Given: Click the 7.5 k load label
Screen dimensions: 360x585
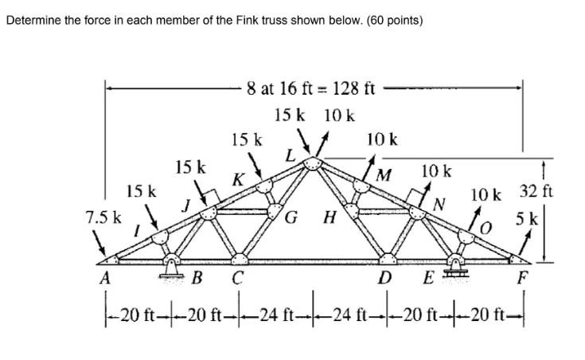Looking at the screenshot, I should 104,216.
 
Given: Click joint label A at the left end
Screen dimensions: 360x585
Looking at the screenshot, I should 105,280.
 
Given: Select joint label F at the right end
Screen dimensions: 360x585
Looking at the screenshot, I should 522,280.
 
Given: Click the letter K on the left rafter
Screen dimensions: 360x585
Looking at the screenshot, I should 237,180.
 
